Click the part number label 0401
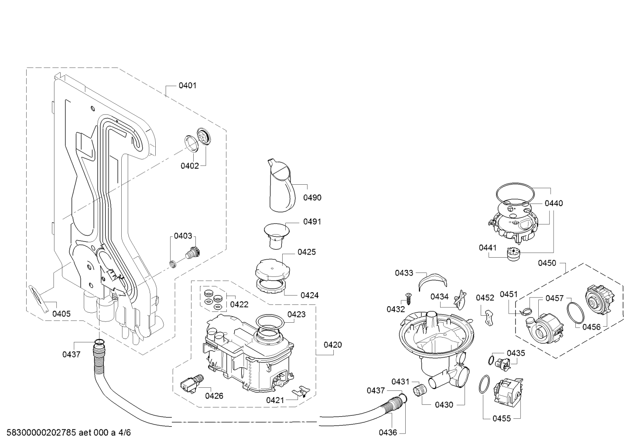point(188,86)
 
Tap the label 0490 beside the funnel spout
point(312,198)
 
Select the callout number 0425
point(307,252)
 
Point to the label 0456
point(591,327)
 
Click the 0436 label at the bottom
point(388,432)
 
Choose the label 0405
point(62,314)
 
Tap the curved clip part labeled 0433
point(432,281)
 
